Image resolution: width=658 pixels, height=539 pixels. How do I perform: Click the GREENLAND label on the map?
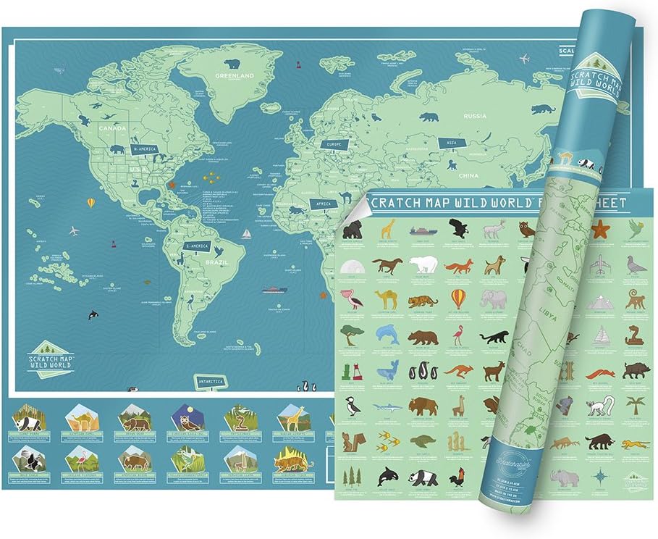[x=233, y=75]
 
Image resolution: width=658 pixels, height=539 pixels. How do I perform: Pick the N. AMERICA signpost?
[x=143, y=148]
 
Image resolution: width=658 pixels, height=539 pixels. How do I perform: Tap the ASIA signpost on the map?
[x=452, y=143]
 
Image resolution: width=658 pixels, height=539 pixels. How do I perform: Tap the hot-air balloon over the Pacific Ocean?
[x=90, y=203]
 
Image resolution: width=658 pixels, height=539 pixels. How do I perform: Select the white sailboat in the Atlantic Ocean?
[x=246, y=234]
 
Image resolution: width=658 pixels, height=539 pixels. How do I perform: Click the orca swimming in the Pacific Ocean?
[x=93, y=314]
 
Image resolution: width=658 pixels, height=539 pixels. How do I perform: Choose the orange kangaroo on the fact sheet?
[x=457, y=371]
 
